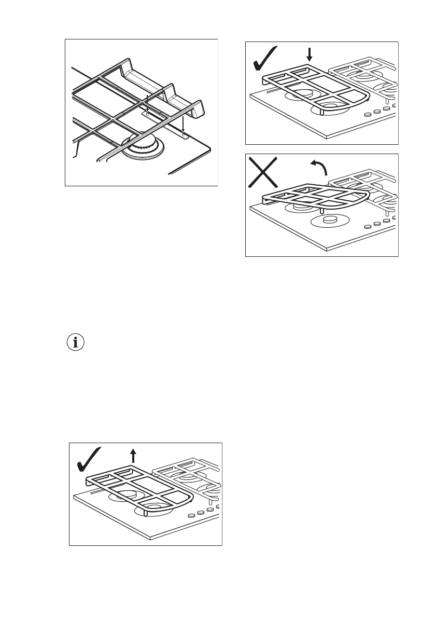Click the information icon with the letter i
click(x=76, y=343)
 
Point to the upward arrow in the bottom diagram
click(x=133, y=456)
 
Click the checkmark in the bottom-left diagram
click(x=89, y=459)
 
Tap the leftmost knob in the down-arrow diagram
click(x=367, y=115)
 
